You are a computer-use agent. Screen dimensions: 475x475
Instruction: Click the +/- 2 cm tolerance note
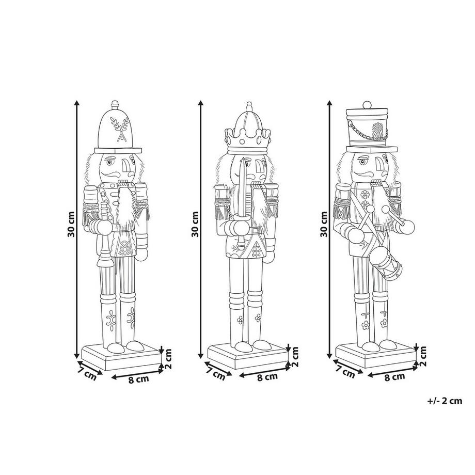pyautogui.click(x=445, y=401)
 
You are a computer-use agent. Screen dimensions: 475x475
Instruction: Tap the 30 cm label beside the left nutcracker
pyautogui.click(x=71, y=224)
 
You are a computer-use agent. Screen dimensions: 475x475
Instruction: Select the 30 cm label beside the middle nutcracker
pyautogui.click(x=195, y=224)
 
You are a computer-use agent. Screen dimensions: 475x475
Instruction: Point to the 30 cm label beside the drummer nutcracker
pyautogui.click(x=324, y=224)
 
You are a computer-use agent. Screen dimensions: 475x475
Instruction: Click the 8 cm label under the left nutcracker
pyautogui.click(x=139, y=379)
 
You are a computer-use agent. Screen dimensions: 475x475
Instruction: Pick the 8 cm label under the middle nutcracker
pyautogui.click(x=267, y=377)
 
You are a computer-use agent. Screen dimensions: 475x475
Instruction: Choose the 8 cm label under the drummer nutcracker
pyautogui.click(x=395, y=377)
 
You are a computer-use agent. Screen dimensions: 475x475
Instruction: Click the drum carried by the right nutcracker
pyautogui.click(x=385, y=262)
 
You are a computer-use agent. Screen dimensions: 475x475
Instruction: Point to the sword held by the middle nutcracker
pyautogui.click(x=242, y=203)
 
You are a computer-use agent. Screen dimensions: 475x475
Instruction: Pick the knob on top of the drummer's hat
pyautogui.click(x=367, y=104)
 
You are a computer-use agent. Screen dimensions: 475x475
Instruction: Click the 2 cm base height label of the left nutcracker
pyautogui.click(x=168, y=359)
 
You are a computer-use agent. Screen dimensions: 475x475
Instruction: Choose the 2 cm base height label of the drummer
pyautogui.click(x=423, y=357)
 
